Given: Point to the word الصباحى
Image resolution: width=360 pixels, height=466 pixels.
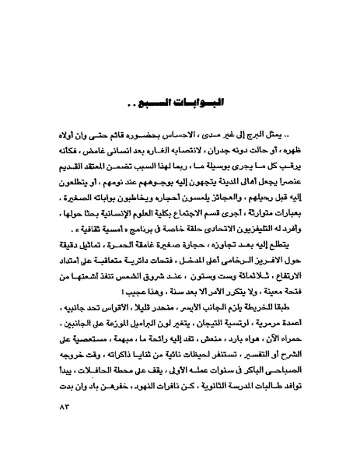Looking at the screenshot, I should point(283,399).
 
